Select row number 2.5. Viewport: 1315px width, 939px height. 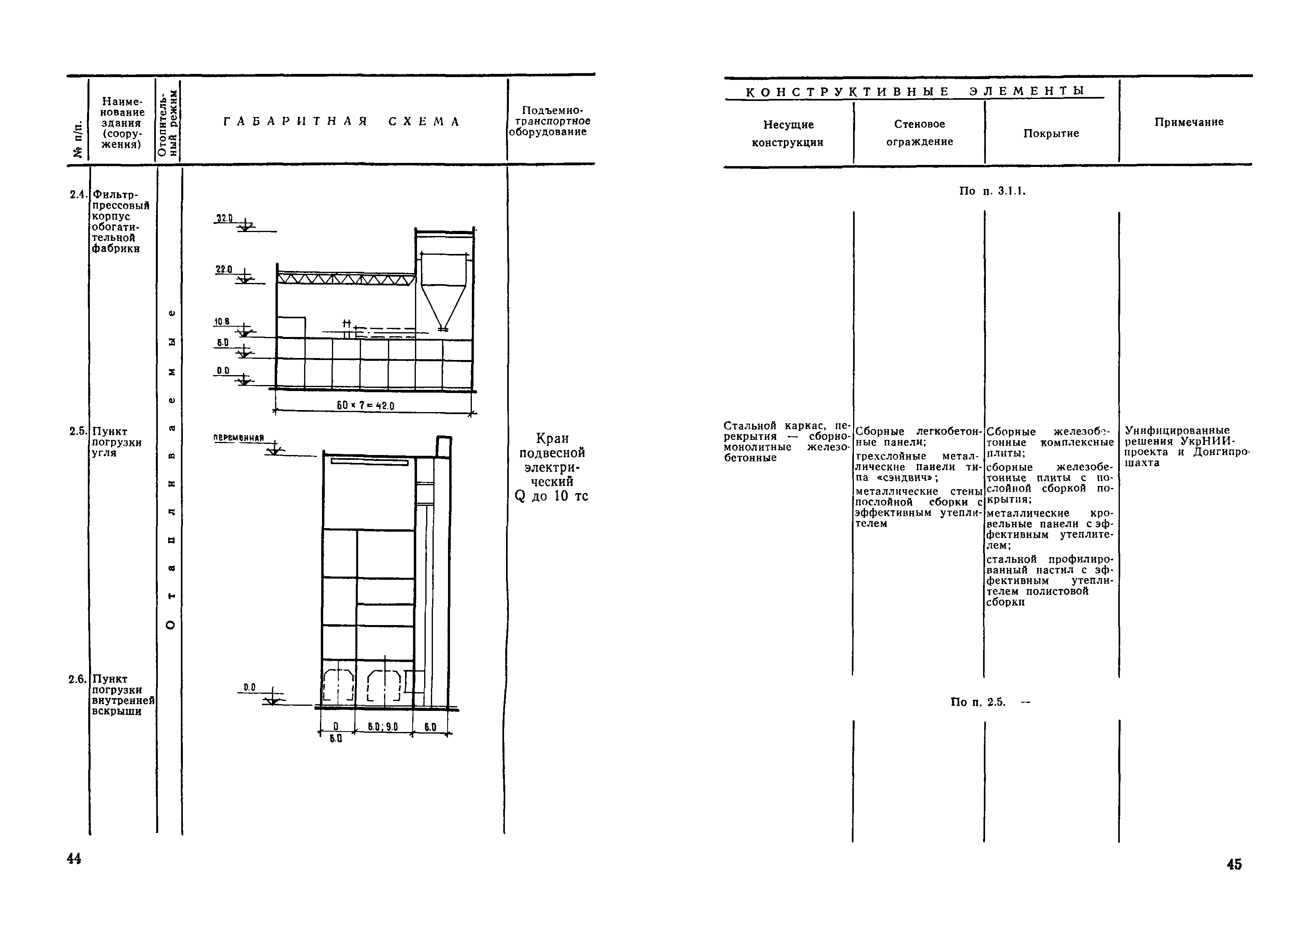(x=78, y=431)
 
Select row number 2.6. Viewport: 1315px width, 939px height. (x=78, y=679)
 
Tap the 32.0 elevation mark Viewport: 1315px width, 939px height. (x=224, y=218)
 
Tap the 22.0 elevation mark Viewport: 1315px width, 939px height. (x=224, y=269)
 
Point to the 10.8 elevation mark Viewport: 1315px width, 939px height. (x=223, y=321)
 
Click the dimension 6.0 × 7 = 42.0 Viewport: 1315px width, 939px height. (x=365, y=406)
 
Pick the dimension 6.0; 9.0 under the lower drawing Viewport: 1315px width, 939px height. (x=383, y=727)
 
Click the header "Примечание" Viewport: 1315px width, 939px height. (x=1189, y=122)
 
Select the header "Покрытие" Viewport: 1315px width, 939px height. (x=1051, y=134)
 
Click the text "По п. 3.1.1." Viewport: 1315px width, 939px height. (x=992, y=191)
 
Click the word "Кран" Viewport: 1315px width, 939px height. (x=552, y=438)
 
